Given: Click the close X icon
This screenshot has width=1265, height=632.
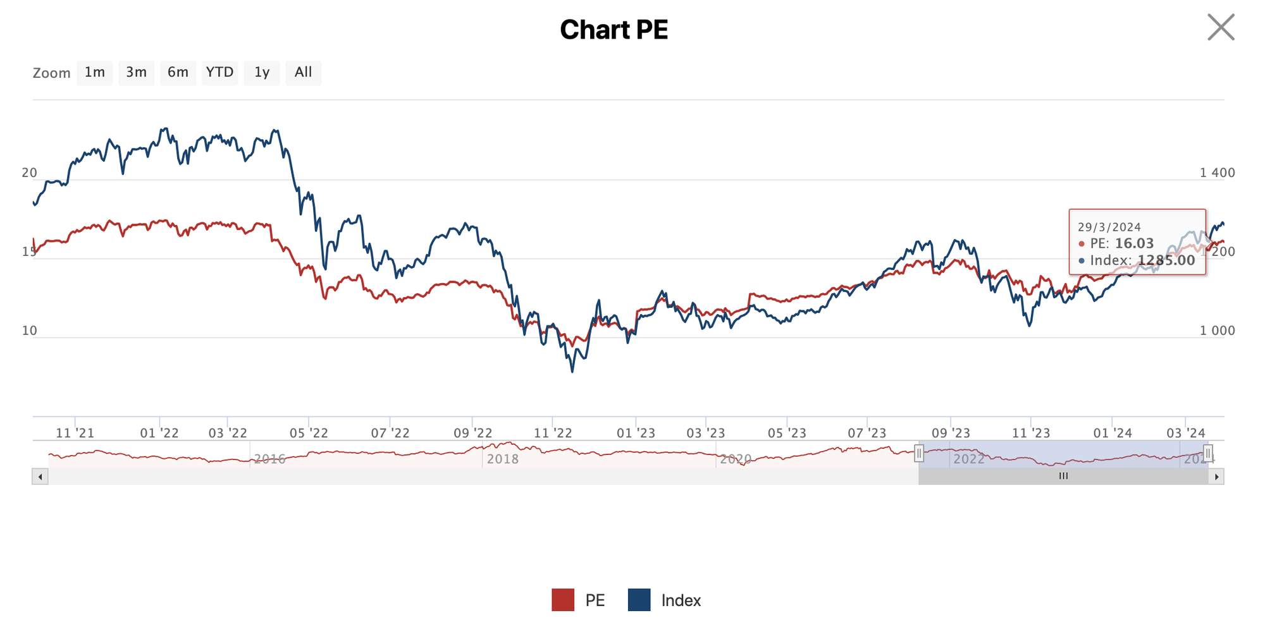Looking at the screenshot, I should (x=1221, y=27).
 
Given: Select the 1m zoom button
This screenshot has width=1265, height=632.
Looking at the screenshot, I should (x=95, y=73).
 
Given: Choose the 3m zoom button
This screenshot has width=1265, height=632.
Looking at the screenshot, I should (x=136, y=73).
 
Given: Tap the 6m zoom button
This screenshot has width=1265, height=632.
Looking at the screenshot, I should (x=178, y=73).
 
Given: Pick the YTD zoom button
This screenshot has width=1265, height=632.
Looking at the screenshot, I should (x=219, y=73).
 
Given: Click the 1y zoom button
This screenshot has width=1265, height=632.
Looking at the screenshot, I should (x=262, y=73).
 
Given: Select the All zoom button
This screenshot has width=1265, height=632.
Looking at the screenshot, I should (x=303, y=73).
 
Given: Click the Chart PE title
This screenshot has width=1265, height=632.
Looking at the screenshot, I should (x=614, y=30).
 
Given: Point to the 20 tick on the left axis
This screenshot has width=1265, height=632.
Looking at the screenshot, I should (x=29, y=173).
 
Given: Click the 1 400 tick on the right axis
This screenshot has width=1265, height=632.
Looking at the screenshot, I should (x=1217, y=173).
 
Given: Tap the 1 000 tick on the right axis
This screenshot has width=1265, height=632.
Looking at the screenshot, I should (x=1217, y=331).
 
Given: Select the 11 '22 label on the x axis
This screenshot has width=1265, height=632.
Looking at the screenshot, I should (x=553, y=433).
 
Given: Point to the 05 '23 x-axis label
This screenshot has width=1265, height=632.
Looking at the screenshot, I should (x=787, y=433).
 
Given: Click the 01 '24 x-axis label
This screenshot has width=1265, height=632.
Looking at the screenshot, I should (x=1113, y=433).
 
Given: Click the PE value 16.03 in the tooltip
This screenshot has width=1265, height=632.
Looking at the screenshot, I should (x=1134, y=243).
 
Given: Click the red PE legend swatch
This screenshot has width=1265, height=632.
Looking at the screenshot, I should (x=563, y=600).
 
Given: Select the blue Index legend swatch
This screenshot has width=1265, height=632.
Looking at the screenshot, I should (x=639, y=600).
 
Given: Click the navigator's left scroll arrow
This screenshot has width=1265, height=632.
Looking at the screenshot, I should (x=40, y=477).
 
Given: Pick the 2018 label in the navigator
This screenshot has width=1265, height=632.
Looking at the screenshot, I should (x=503, y=459).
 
